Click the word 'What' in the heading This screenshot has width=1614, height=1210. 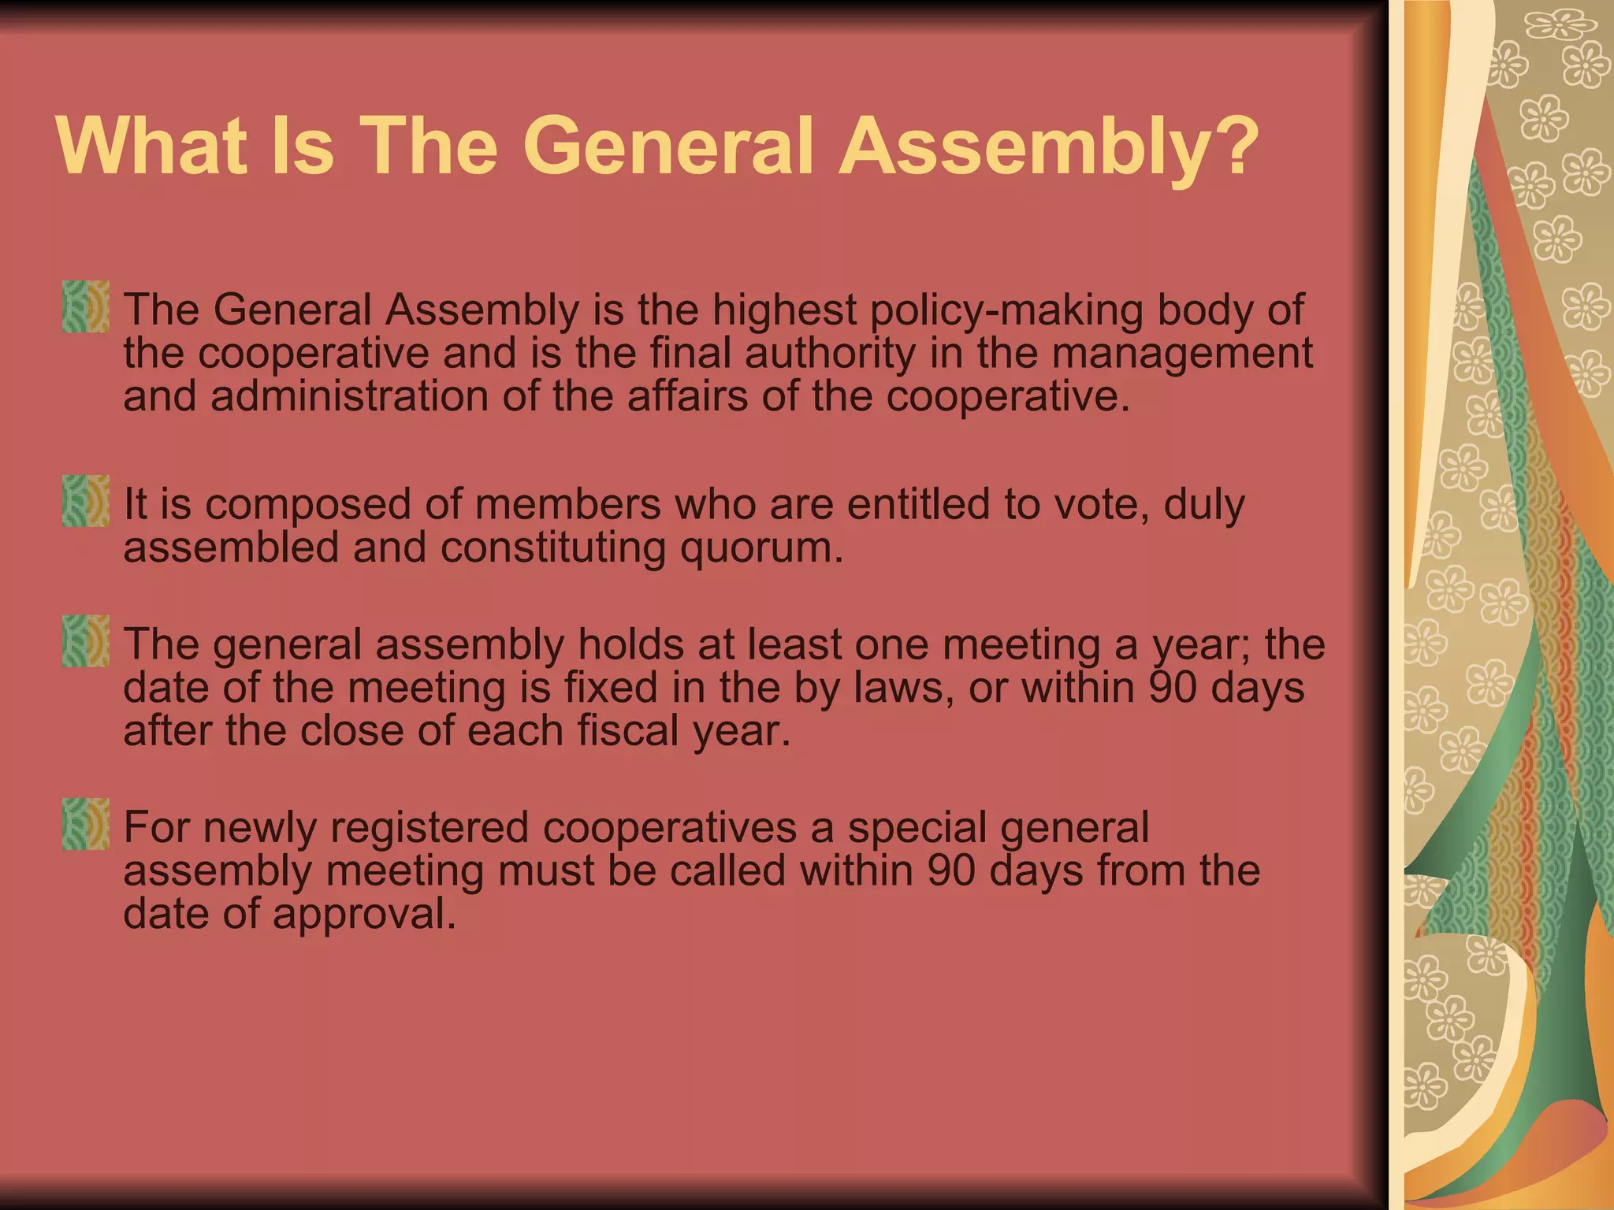tap(150, 147)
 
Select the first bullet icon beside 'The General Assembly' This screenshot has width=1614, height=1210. tap(85, 306)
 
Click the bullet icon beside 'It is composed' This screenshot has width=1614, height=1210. tap(85, 500)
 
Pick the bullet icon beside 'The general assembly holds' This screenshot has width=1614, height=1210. tap(85, 641)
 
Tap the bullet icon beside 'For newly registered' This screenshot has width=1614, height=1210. tap(85, 824)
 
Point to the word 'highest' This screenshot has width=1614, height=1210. tap(784, 310)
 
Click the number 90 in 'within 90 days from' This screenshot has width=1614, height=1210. tap(951, 870)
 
